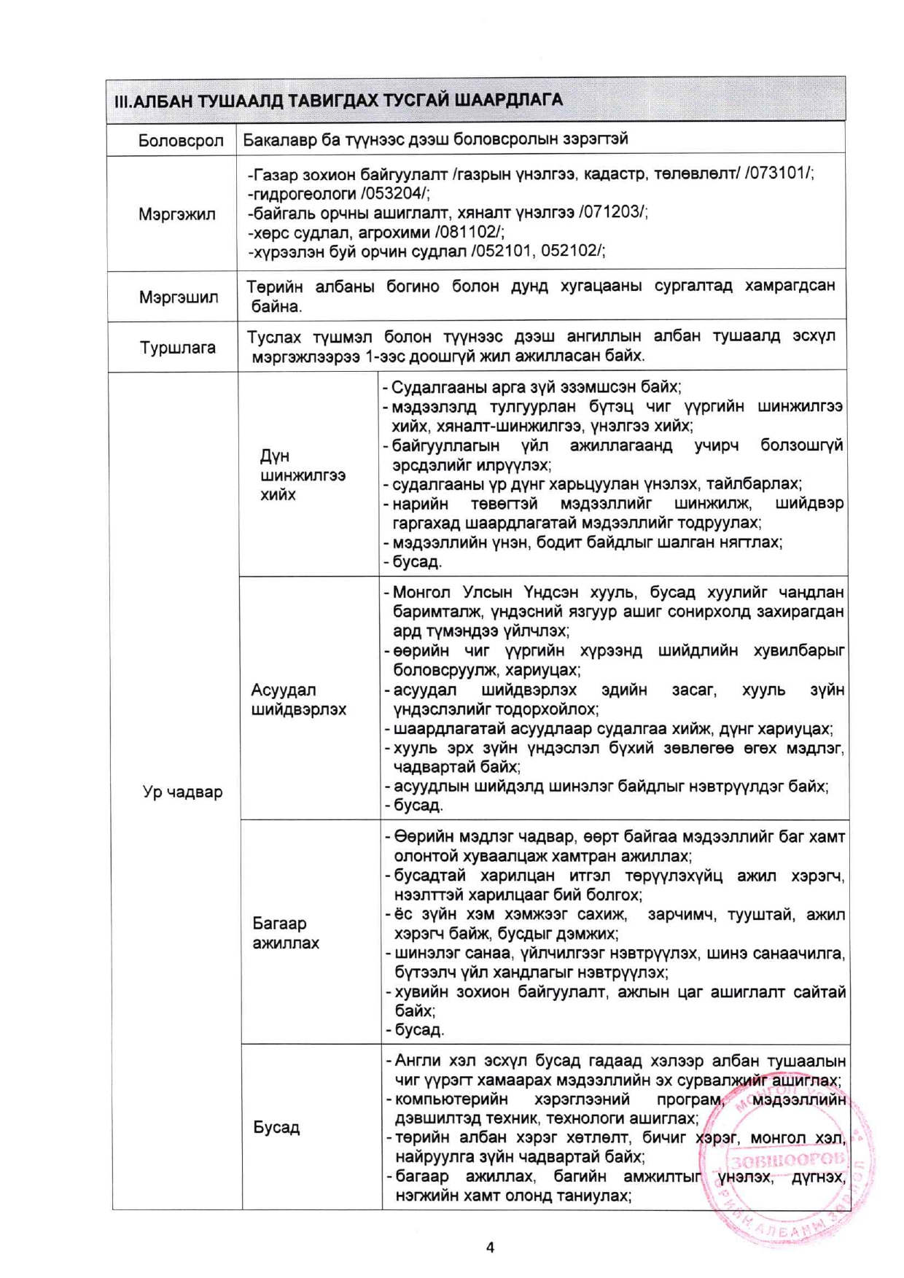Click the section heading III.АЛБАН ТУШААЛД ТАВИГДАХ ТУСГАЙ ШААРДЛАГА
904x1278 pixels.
coord(338,100)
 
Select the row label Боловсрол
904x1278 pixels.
coord(180,141)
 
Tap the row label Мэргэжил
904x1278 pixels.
coord(177,214)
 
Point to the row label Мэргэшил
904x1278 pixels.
coord(179,297)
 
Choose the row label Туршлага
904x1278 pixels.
coord(178,348)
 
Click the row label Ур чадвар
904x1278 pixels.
coord(182,792)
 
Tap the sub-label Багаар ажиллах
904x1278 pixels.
coord(286,933)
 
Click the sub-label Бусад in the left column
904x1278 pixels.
coord(276,1127)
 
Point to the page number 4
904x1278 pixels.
coord(490,1247)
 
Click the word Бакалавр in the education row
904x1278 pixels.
coord(278,139)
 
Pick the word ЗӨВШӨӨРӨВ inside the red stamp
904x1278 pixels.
coord(788,1159)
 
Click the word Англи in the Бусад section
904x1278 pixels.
coord(417,1061)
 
